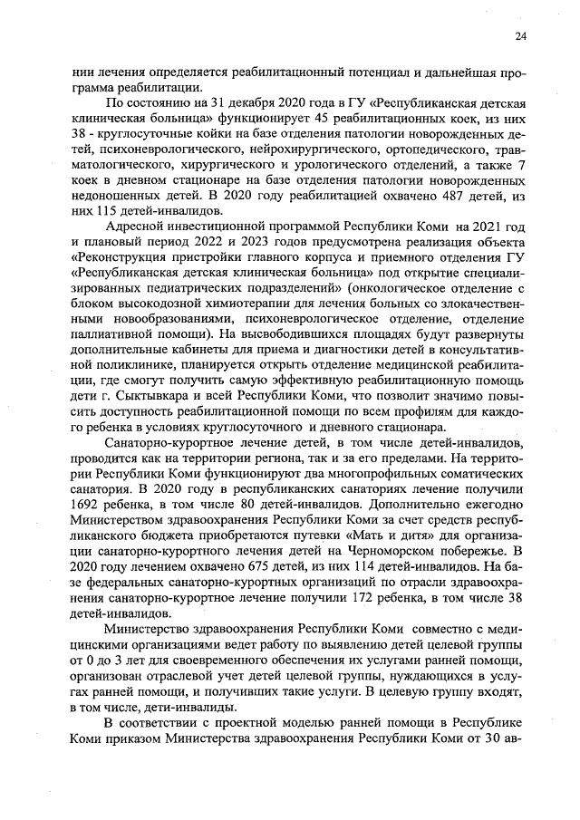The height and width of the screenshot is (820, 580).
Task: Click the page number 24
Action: [x=520, y=35]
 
